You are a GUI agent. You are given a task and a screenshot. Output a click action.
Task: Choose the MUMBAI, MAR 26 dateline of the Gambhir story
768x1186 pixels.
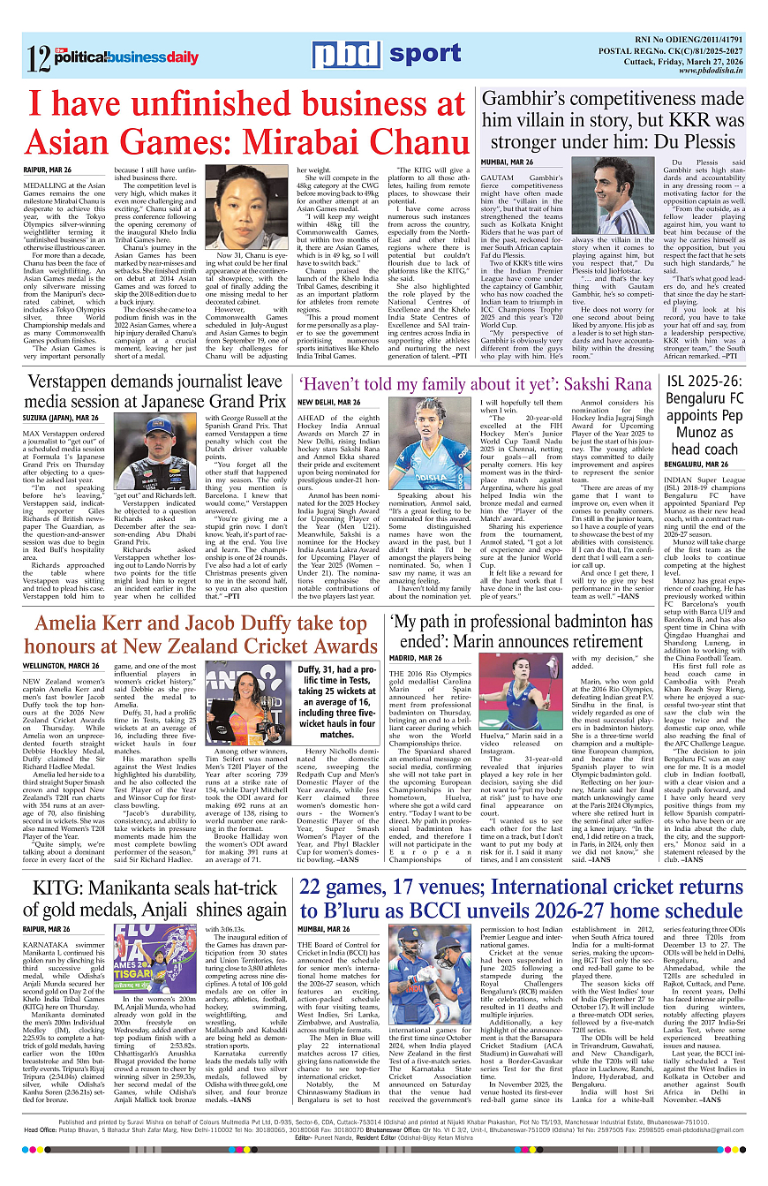click(x=507, y=162)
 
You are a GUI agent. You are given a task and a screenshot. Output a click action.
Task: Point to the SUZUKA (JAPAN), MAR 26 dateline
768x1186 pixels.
click(x=61, y=416)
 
